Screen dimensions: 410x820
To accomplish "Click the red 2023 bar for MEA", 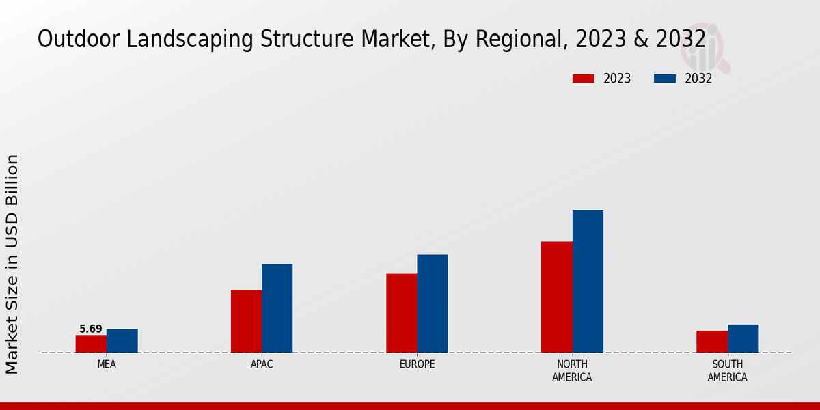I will pos(91,344).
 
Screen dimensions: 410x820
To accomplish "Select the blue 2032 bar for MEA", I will pos(122,341).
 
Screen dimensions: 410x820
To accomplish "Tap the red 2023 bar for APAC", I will pos(246,321).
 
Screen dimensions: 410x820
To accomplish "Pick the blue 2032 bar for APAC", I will pos(277,308).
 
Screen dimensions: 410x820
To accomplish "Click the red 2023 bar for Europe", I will pos(401,313).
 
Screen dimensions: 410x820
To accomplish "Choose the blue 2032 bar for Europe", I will pos(433,303).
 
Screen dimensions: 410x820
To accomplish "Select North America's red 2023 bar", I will pos(556,297).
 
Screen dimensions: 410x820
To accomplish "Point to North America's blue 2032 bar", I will pos(588,281).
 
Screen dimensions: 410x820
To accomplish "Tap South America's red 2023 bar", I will pos(711,342).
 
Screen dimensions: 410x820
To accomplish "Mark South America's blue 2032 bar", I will pos(743,339).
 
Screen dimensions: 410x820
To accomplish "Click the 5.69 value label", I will pos(91,329).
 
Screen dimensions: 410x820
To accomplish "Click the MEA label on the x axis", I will pos(107,364).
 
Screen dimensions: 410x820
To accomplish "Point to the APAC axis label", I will pos(262,364).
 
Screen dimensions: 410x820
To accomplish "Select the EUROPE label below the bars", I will pos(417,364).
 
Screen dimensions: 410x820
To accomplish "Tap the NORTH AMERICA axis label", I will pos(572,370).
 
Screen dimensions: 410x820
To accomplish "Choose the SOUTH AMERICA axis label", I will pos(727,370).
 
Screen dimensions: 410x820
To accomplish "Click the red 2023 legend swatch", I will pos(583,79).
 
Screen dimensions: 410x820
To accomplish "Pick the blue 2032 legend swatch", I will pos(664,79).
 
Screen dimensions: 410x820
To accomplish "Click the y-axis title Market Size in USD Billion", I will pos(12,264).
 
